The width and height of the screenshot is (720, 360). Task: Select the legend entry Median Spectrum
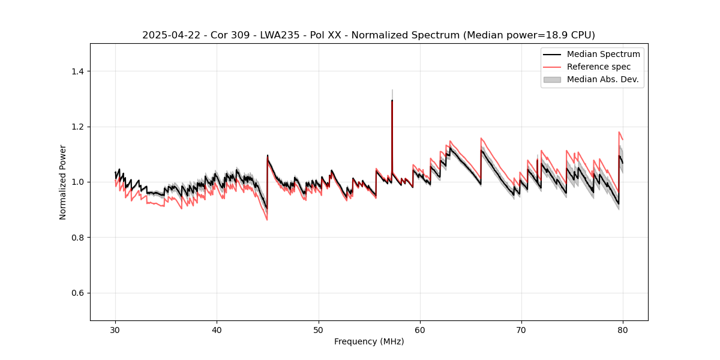603,54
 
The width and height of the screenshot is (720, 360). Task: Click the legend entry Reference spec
599,67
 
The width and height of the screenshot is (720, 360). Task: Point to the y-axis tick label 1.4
77,71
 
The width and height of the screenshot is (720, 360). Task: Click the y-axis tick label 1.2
77,127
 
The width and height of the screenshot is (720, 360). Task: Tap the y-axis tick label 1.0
77,182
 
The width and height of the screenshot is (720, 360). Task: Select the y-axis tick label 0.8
77,238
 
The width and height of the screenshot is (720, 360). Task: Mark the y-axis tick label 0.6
77,293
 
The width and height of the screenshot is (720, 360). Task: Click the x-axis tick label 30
115,329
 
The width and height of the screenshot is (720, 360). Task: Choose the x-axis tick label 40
217,329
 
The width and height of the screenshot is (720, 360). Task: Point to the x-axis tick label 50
318,329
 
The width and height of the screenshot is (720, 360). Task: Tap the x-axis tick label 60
420,329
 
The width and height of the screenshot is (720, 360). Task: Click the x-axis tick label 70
521,329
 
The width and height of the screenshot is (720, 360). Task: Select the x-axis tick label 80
623,329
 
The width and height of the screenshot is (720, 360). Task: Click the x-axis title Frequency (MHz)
369,341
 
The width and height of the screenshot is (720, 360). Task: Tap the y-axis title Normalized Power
62,182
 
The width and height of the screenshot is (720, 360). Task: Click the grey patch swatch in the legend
552,79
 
